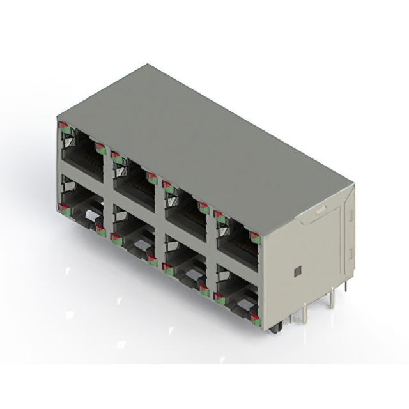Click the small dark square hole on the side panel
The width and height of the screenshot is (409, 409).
[x=296, y=272]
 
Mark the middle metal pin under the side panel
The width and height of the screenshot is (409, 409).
[x=330, y=298]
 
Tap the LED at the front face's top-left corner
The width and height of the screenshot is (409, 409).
[x=62, y=126]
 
